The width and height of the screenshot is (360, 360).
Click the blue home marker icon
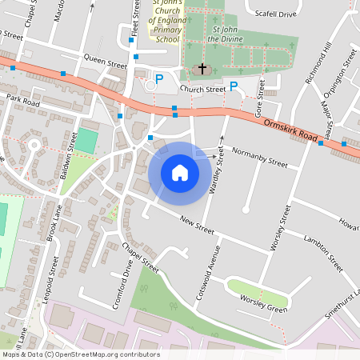(180, 172)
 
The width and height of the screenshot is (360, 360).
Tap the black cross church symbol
(202, 70)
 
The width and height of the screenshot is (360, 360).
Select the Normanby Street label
(258, 157)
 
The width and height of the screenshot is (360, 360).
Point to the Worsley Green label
(263, 304)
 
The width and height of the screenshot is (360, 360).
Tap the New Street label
(197, 225)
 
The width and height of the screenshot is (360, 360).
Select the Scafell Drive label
(274, 14)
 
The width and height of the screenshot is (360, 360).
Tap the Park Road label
(22, 100)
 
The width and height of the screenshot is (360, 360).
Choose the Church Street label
(202, 90)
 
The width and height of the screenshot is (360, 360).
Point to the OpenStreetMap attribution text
(81, 354)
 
